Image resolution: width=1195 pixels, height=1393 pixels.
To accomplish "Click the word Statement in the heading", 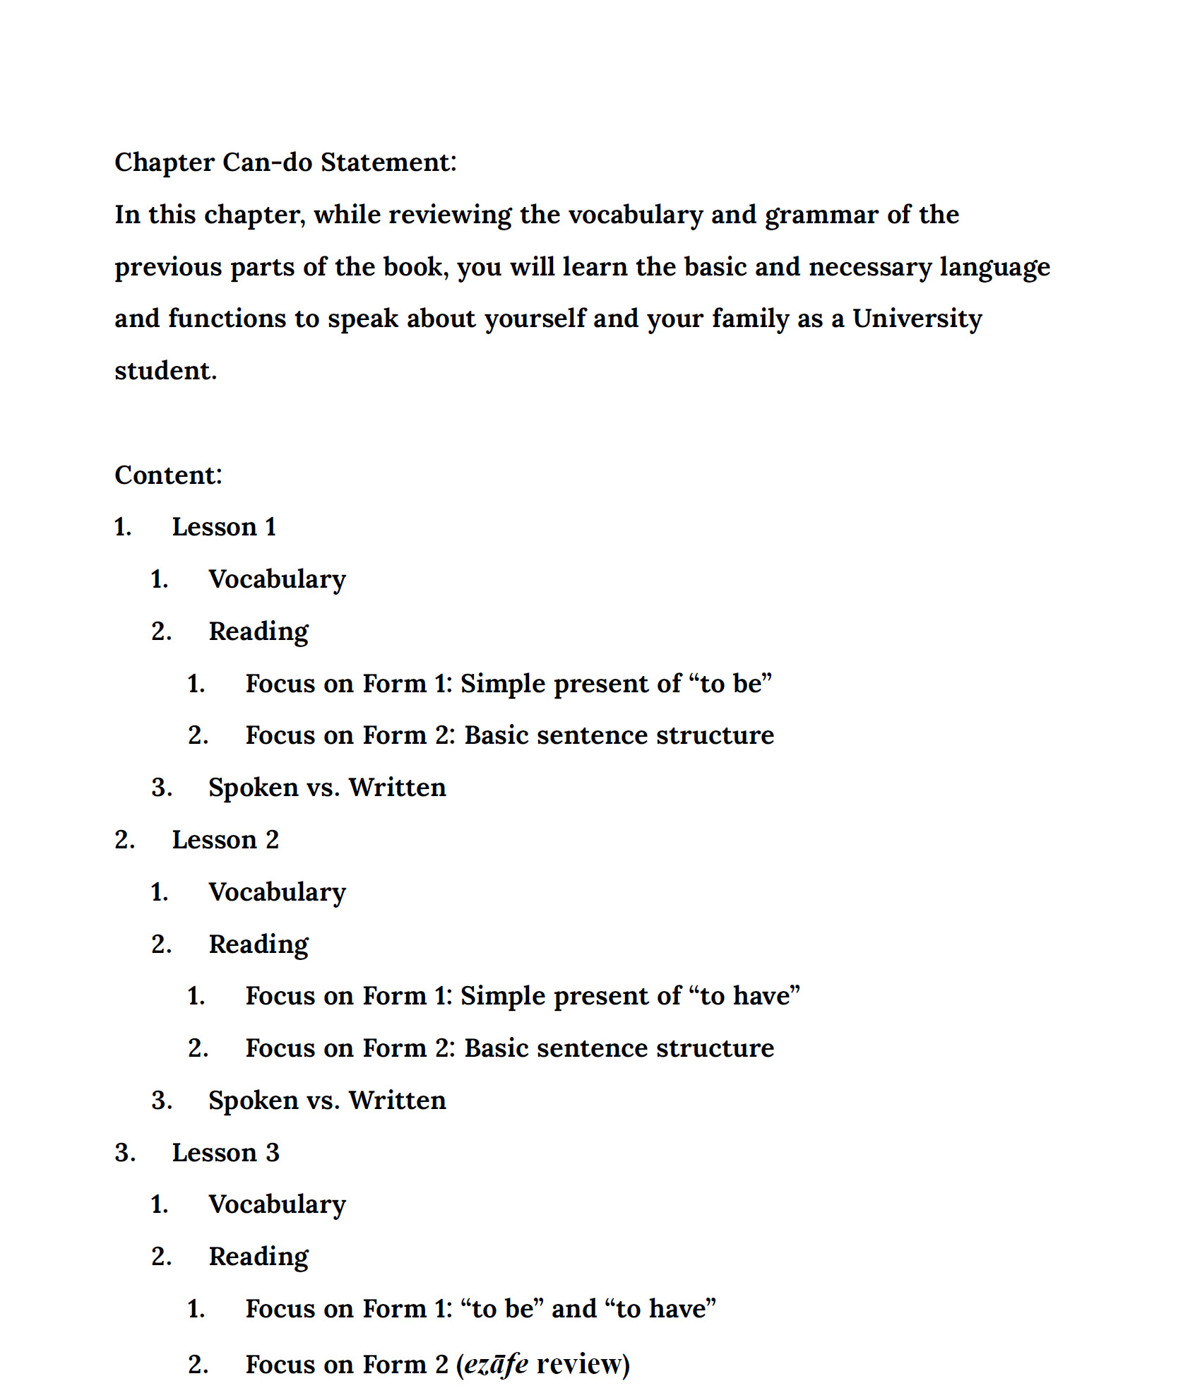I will (x=388, y=162).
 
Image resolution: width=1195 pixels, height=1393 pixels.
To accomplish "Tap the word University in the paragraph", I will (x=917, y=319).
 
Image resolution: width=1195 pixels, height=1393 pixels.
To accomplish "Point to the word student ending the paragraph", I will (x=165, y=371).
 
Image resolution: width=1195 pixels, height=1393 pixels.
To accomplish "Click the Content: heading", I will (x=168, y=475).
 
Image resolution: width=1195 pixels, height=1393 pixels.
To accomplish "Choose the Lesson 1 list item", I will (x=224, y=527).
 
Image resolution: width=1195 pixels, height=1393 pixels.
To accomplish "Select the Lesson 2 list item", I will (x=225, y=840).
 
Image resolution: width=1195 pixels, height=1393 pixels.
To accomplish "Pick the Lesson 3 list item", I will (x=225, y=1153).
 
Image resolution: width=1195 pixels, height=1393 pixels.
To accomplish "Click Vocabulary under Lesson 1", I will (x=277, y=579).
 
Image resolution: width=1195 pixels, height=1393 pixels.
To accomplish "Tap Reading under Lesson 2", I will (x=258, y=944).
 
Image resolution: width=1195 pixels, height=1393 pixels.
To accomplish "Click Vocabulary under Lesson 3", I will (x=277, y=1204).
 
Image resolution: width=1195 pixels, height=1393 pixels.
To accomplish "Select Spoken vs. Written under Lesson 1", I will (x=327, y=788).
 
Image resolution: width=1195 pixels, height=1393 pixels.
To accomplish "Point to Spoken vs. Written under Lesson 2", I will (x=327, y=1101).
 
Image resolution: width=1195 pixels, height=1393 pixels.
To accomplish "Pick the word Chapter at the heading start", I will (x=165, y=162).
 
